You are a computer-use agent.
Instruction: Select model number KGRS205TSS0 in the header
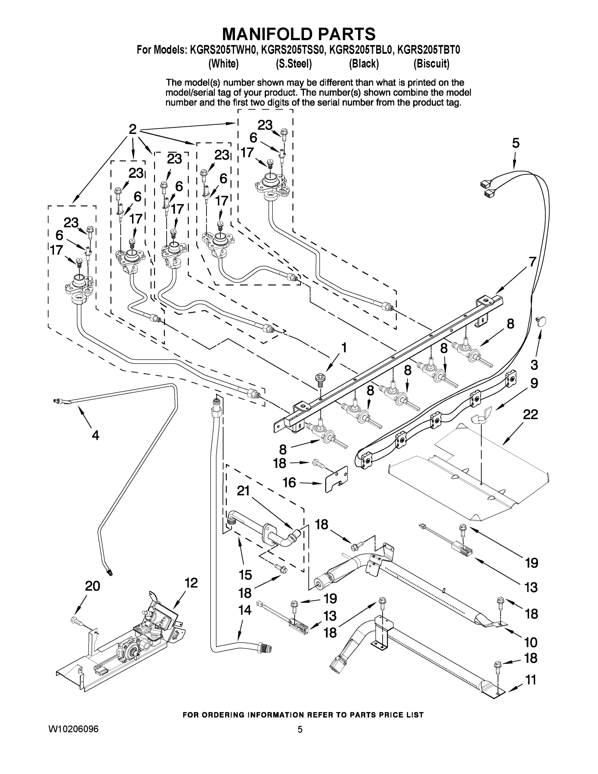click(x=293, y=50)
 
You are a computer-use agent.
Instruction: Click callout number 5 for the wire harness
click(x=515, y=143)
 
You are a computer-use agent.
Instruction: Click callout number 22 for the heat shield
click(x=530, y=414)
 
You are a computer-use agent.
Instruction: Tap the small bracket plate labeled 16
click(x=337, y=479)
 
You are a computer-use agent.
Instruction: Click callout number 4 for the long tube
click(x=95, y=435)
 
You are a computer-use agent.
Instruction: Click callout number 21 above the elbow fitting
click(x=243, y=491)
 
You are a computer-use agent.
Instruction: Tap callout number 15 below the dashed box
click(x=245, y=574)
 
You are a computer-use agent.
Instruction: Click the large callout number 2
click(x=132, y=129)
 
